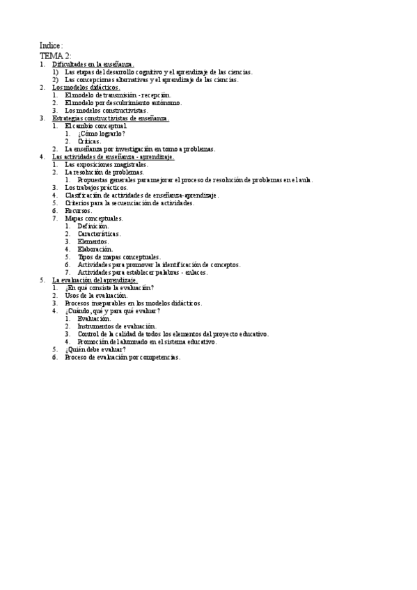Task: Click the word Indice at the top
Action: pyautogui.click(x=51, y=46)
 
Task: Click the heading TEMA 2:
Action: pyautogui.click(x=55, y=56)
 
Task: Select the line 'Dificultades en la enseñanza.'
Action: pyautogui.click(x=93, y=64)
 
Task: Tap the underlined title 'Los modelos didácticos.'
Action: pyautogui.click(x=86, y=88)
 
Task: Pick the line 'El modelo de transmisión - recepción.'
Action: pyautogui.click(x=117, y=95)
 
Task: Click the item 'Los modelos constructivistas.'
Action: pyautogui.click(x=106, y=111)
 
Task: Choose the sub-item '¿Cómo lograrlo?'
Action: pyautogui.click(x=102, y=134)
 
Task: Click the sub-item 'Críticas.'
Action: pyautogui.click(x=89, y=141)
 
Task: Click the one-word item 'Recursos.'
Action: pyautogui.click(x=78, y=211)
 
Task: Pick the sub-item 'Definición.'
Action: pyautogui.click(x=93, y=226)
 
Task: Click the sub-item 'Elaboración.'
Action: pyautogui.click(x=94, y=249)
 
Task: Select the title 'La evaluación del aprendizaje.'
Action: pyautogui.click(x=95, y=280)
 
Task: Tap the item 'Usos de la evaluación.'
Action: pyautogui.click(x=96, y=295)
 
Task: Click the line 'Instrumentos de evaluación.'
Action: pyautogui.click(x=117, y=326)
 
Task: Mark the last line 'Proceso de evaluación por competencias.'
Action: pyautogui.click(x=122, y=357)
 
